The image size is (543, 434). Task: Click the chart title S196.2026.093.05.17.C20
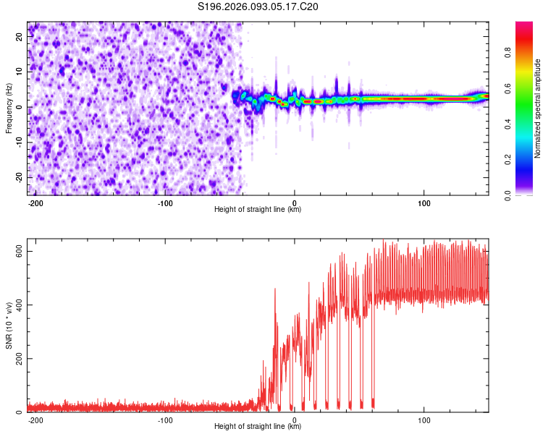pyautogui.click(x=258, y=7)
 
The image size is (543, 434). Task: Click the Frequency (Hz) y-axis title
pyautogui.click(x=9, y=108)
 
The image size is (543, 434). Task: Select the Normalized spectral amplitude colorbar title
pyautogui.click(x=537, y=109)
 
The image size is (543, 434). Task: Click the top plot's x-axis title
pyautogui.click(x=258, y=209)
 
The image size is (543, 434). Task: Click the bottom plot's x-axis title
pyautogui.click(x=258, y=427)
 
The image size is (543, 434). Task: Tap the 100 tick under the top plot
pyautogui.click(x=424, y=202)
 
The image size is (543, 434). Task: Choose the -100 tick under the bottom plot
pyautogui.click(x=165, y=420)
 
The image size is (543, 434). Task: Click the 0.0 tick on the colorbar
pyautogui.click(x=508, y=195)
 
